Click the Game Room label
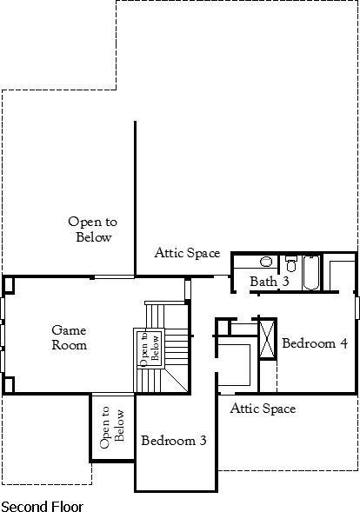coord(70,337)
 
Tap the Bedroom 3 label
coord(174,441)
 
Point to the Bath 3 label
coord(270,282)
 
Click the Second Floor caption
coord(42,505)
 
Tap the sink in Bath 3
coord(267,261)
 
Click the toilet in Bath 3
coord(290,262)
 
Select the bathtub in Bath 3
coord(311,272)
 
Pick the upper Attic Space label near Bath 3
coord(187,253)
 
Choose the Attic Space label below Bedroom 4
coord(263,408)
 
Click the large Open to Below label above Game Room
coord(93,229)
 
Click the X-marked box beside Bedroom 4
coord(267,338)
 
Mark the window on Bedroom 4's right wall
coord(357,308)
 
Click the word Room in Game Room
coord(70,345)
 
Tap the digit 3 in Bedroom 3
coord(202,441)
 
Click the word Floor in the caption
coord(64,505)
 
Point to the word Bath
coord(263,282)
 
